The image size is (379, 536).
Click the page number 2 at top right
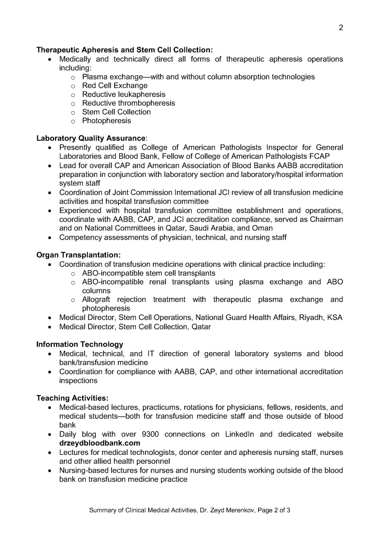click(341, 28)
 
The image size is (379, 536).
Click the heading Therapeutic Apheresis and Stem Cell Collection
click(124, 50)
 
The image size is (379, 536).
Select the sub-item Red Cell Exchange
click(115, 85)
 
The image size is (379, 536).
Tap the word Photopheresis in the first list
click(107, 121)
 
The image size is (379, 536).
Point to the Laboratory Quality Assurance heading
click(91, 139)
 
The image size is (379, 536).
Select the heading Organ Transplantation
click(78, 255)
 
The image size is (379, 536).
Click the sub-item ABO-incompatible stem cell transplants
click(149, 273)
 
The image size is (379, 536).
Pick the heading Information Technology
click(80, 344)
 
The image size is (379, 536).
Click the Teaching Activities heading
click(72, 398)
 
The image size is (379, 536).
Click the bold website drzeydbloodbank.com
click(99, 443)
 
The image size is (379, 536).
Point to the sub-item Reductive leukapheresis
click(124, 94)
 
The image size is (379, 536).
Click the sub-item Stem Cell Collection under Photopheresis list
click(116, 112)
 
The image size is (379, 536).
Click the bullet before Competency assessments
click(50, 238)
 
